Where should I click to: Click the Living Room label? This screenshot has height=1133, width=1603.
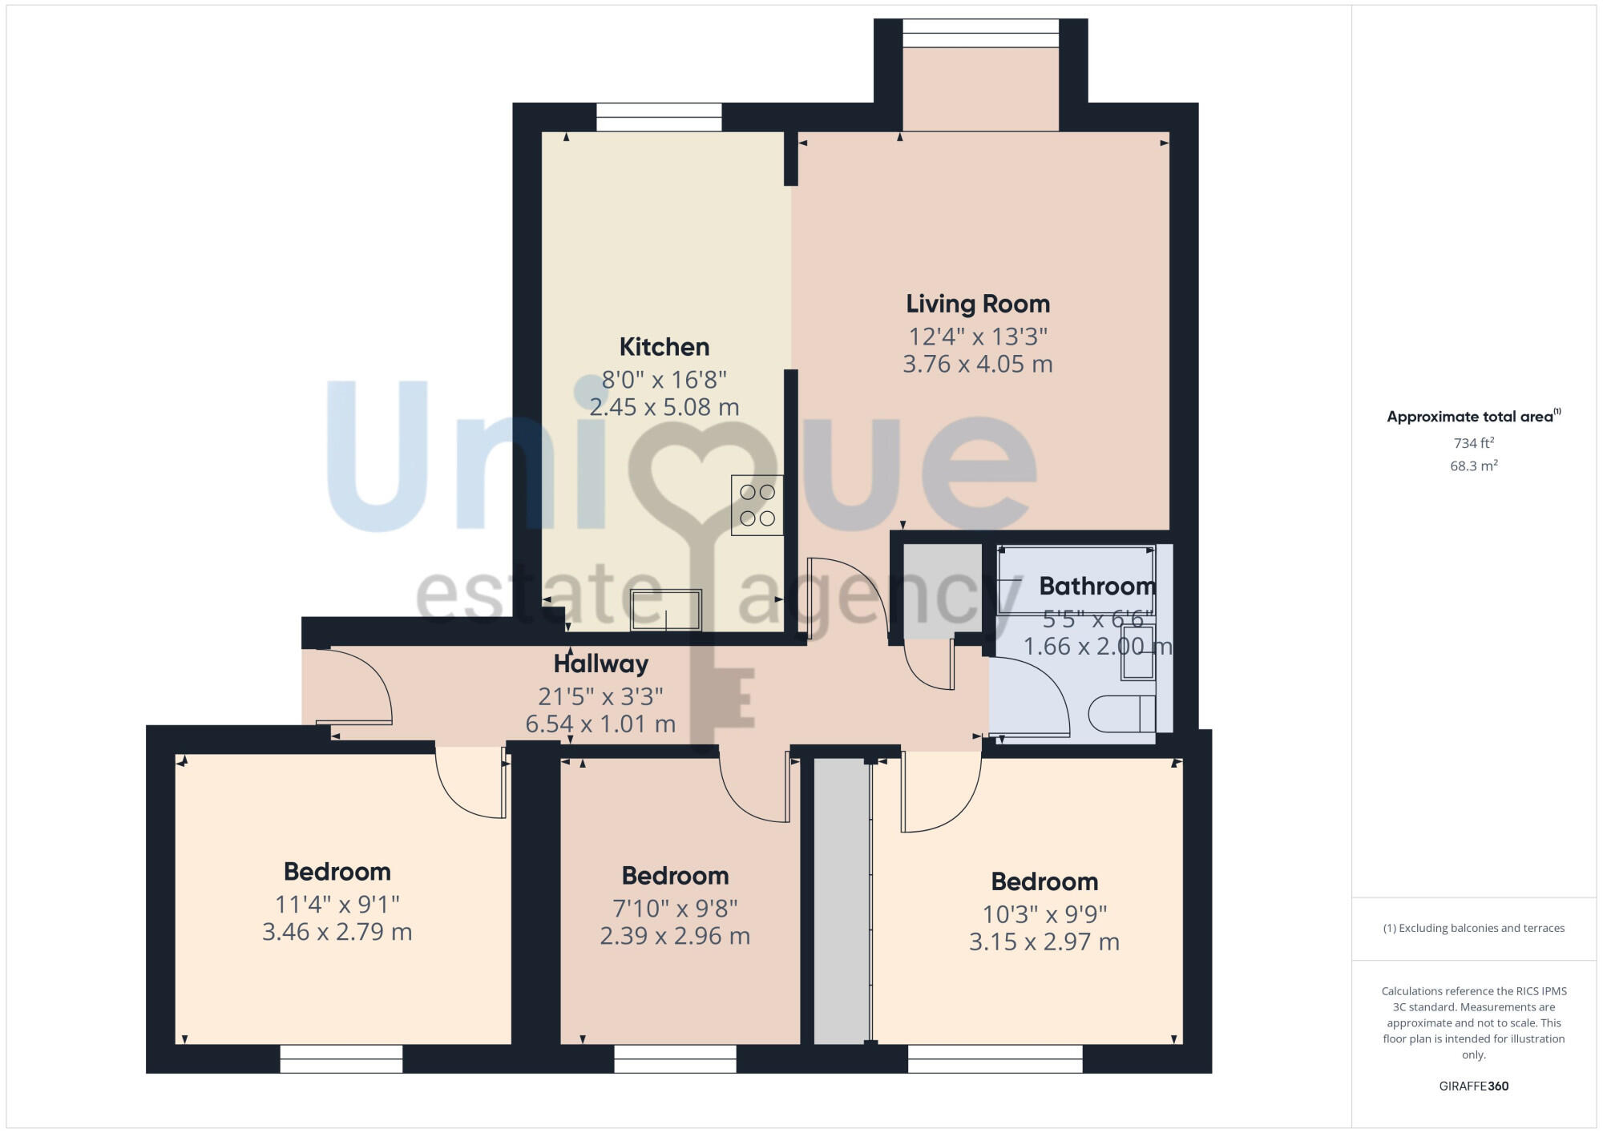coord(977,304)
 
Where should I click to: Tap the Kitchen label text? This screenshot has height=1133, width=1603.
coord(664,347)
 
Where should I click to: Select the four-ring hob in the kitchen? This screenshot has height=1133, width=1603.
coord(757,506)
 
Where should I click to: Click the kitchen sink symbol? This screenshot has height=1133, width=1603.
coord(665,610)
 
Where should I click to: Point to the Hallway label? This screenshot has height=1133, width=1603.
coord(600,664)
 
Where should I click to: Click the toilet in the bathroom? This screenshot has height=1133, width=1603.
coord(1122,713)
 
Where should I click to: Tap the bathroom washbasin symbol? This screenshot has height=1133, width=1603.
coord(1137,652)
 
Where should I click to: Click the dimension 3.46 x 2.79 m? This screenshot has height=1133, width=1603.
coord(337,932)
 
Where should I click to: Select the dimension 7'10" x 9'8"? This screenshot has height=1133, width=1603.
coord(675,908)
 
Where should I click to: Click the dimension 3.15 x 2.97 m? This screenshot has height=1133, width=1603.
coord(1044,941)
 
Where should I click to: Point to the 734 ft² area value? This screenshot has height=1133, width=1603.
coord(1473,443)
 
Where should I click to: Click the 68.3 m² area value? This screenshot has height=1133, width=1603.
coord(1473,466)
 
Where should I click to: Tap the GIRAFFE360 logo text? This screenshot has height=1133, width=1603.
coord(1473,1087)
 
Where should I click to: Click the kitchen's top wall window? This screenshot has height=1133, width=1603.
coord(659,118)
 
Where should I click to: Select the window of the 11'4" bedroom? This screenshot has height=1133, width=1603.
coord(341,1058)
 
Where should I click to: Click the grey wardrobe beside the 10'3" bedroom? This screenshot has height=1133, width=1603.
coord(842,901)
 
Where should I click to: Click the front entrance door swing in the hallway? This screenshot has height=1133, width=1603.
coord(357,689)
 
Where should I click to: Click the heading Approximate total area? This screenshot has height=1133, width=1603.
coord(1470,417)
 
